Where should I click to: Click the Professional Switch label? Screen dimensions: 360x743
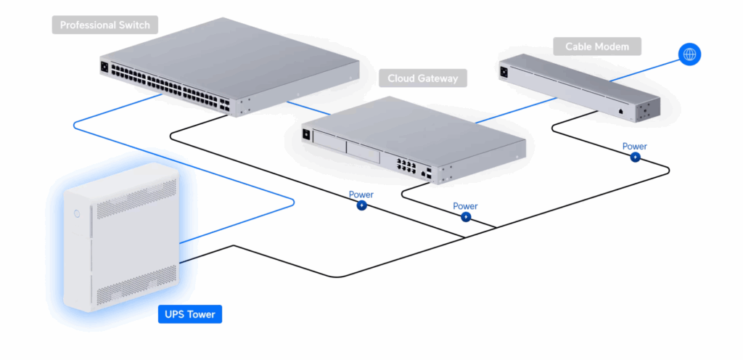click(x=104, y=25)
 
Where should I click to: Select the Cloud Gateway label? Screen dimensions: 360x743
click(x=422, y=78)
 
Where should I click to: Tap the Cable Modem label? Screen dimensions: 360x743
click(x=596, y=47)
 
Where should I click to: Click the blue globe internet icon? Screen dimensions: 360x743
click(x=689, y=54)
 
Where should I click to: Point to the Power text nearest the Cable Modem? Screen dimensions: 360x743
click(x=634, y=146)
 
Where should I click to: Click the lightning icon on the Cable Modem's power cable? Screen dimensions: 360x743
click(x=635, y=157)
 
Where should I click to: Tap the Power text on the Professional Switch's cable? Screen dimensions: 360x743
click(x=361, y=195)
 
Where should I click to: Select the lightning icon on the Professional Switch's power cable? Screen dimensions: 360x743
click(x=361, y=205)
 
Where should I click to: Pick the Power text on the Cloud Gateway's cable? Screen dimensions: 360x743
click(x=465, y=206)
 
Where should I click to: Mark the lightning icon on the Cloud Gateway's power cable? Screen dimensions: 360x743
click(x=466, y=216)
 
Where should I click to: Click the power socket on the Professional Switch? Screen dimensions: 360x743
click(x=104, y=67)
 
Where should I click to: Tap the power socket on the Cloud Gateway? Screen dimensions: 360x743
click(x=306, y=134)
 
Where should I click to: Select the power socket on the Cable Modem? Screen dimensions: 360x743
click(x=504, y=71)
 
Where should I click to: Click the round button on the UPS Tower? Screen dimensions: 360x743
click(x=77, y=213)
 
